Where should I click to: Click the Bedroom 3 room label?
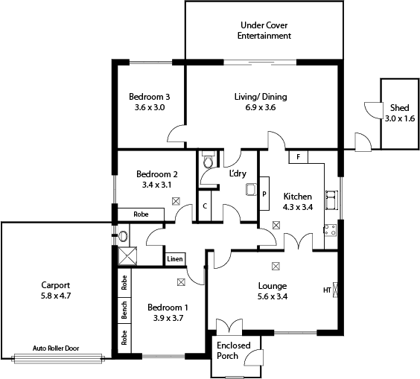click(x=150, y=97)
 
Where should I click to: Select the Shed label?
click(x=399, y=108)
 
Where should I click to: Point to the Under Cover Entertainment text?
click(x=264, y=31)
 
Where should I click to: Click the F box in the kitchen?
click(x=298, y=157)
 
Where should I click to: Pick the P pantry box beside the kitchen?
click(x=264, y=194)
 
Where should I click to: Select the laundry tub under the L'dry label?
click(x=252, y=189)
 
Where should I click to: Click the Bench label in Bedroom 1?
click(x=124, y=309)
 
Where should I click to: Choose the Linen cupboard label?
click(x=174, y=259)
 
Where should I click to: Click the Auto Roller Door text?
click(x=57, y=348)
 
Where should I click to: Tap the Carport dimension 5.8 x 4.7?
click(x=55, y=296)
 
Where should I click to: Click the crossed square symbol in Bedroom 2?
click(x=176, y=200)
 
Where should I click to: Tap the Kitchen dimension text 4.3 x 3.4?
click(x=298, y=207)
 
